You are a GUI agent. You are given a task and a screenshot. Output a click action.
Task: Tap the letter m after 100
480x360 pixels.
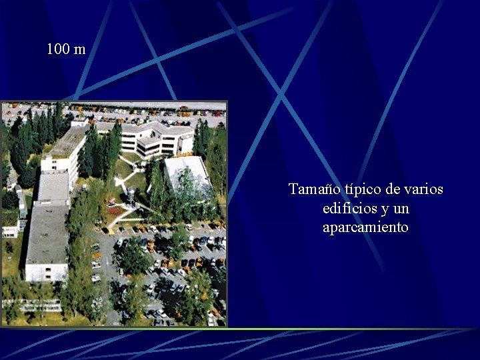pos(80,50)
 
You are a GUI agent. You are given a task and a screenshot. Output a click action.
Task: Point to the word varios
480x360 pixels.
pos(424,189)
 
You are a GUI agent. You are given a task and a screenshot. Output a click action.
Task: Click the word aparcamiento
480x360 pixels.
pos(365,227)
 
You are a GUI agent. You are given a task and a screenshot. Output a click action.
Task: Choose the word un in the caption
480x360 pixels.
pos(401,209)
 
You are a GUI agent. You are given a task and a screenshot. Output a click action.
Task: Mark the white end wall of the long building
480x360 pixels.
pos(45,272)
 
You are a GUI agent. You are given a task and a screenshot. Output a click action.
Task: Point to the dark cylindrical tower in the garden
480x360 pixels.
pos(131,196)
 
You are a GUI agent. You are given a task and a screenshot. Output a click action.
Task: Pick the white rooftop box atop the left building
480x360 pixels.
pos(79,123)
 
